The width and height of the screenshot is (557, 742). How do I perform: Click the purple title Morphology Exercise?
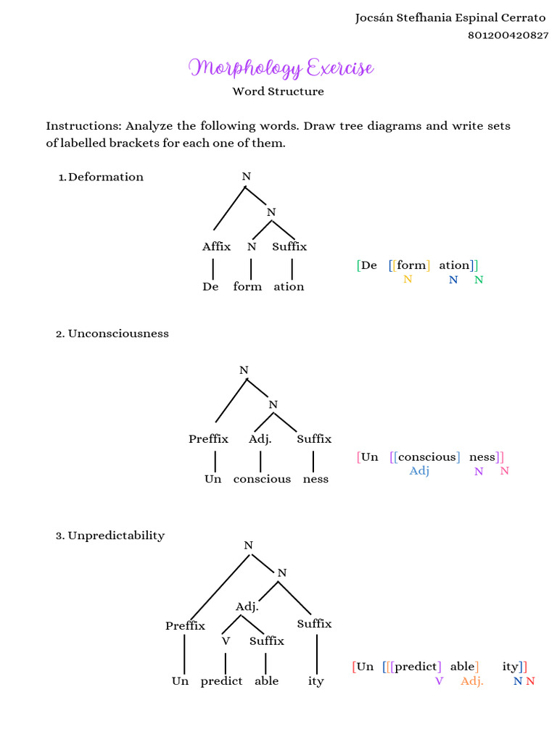point(281,68)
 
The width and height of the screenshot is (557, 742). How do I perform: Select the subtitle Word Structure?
point(278,91)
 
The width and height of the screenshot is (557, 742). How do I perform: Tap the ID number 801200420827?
point(508,35)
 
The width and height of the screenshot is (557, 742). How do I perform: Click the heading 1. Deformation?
point(101,177)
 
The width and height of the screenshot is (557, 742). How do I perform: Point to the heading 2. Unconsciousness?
point(112,333)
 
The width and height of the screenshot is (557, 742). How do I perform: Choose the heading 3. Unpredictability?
point(110,535)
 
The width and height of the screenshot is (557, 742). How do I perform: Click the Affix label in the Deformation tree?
point(216,246)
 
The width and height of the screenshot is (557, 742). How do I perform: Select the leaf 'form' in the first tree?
point(247,286)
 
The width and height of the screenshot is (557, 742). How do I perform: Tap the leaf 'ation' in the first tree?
point(289,286)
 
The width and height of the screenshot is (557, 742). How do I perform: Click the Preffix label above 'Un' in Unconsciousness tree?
point(208,438)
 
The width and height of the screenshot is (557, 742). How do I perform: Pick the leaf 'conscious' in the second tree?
point(262,479)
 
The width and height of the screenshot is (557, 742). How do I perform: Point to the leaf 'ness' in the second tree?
point(315,479)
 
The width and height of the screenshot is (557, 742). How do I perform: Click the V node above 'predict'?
point(226,641)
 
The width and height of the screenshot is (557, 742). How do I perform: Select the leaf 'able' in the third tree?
point(266,681)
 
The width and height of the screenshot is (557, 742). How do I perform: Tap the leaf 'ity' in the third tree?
point(315,681)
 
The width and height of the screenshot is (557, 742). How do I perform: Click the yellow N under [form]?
point(408,279)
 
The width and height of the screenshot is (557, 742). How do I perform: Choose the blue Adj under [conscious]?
point(419,471)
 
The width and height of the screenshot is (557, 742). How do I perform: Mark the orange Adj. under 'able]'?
point(471,681)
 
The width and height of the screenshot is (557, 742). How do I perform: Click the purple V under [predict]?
point(439,681)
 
